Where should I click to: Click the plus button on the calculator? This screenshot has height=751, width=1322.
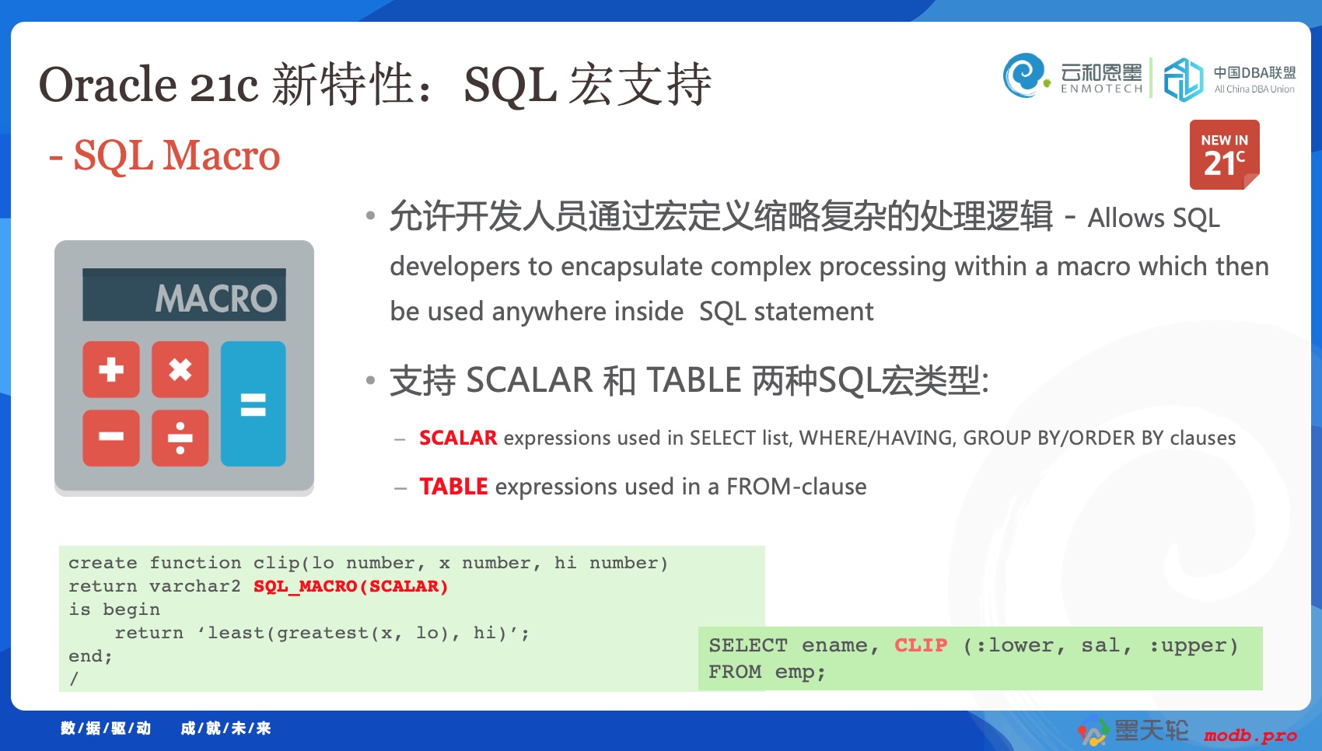pyautogui.click(x=111, y=370)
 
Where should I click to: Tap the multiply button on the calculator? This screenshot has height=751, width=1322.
pyautogui.click(x=180, y=370)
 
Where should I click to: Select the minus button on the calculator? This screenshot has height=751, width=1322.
pyautogui.click(x=111, y=438)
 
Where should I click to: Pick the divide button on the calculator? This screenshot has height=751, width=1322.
pyautogui.click(x=180, y=438)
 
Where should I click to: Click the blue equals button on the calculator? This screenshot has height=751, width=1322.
pyautogui.click(x=254, y=404)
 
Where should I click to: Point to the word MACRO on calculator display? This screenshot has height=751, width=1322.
pyautogui.click(x=216, y=298)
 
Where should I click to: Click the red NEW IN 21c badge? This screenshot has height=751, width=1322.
pyautogui.click(x=1225, y=155)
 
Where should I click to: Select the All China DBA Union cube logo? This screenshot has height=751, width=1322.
pyautogui.click(x=1183, y=79)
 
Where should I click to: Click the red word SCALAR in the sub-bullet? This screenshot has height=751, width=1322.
pyautogui.click(x=458, y=438)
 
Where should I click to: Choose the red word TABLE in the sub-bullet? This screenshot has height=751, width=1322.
pyautogui.click(x=453, y=487)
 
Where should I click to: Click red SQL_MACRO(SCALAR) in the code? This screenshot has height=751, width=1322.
pyautogui.click(x=351, y=586)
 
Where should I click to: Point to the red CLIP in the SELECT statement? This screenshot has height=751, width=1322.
pyautogui.click(x=921, y=645)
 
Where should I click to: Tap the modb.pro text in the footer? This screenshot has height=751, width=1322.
pyautogui.click(x=1250, y=735)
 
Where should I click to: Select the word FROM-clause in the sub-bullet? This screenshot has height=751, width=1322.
pyautogui.click(x=796, y=487)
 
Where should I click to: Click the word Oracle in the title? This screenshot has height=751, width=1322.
pyautogui.click(x=107, y=85)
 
